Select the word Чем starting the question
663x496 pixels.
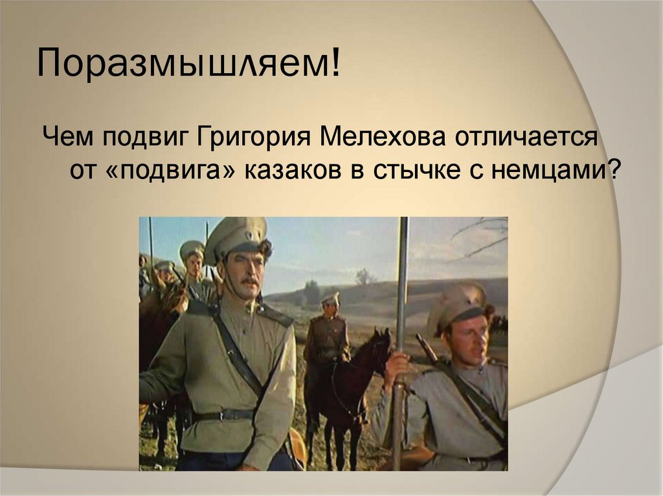67,138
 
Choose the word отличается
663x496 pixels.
528,138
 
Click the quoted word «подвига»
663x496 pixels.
172,171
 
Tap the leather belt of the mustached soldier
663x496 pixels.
223,414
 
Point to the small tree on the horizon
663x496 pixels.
365,277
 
